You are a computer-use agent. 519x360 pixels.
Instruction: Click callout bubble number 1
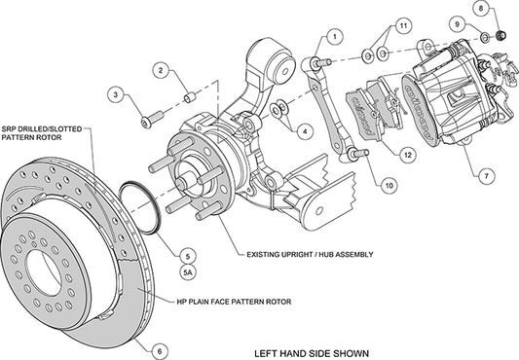point(334,37)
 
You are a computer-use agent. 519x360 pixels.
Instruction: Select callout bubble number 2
point(162,70)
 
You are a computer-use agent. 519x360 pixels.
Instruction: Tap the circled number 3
point(116,94)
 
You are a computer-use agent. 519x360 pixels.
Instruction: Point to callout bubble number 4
point(305,128)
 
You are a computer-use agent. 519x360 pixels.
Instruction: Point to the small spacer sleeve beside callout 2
point(192,98)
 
